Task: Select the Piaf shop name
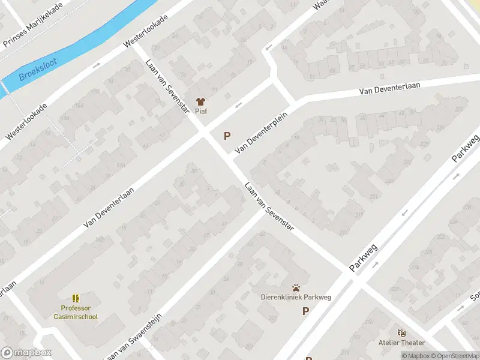(200, 111)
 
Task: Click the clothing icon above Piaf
(200, 101)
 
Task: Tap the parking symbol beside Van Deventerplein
(227, 136)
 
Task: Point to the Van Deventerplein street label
(262, 132)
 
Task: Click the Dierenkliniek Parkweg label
(296, 297)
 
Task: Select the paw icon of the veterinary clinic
(296, 288)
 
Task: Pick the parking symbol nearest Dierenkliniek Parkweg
(306, 311)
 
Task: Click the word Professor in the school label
(76, 308)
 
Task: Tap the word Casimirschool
(76, 316)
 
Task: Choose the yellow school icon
(76, 298)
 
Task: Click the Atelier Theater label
(401, 343)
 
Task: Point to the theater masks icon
(401, 332)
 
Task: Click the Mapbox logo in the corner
(27, 353)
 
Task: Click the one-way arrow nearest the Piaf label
(238, 106)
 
